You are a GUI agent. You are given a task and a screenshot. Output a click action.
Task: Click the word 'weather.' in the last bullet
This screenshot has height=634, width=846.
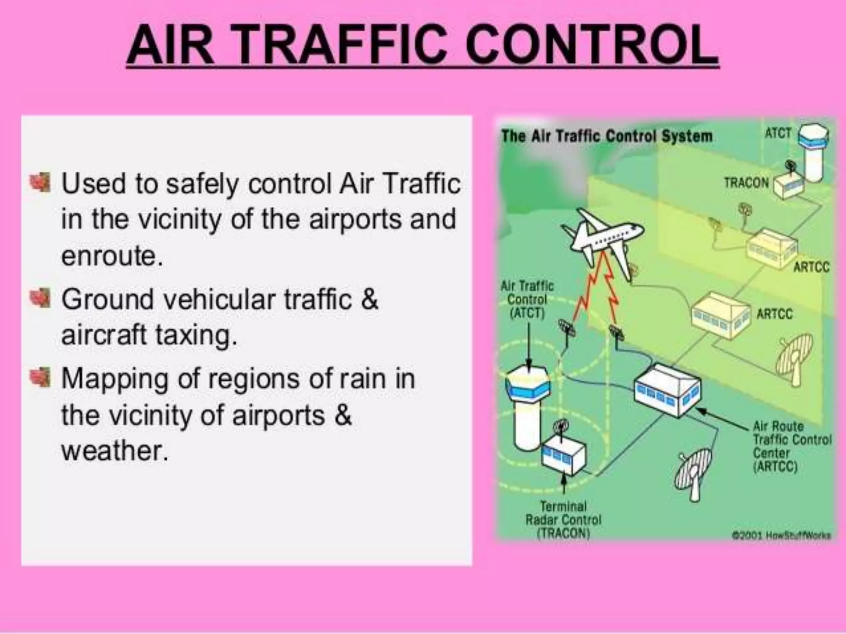(115, 451)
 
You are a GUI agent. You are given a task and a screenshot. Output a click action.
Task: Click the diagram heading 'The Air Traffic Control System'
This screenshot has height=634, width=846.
(607, 136)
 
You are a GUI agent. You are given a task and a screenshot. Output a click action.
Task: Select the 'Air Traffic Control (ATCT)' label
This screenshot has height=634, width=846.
(527, 300)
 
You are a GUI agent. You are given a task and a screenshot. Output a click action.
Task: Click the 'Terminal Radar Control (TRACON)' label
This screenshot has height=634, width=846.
(563, 519)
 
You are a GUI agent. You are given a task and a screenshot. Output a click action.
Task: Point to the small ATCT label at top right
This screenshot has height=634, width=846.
(778, 133)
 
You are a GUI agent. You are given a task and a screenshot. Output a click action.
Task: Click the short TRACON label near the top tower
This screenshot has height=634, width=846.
(746, 182)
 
